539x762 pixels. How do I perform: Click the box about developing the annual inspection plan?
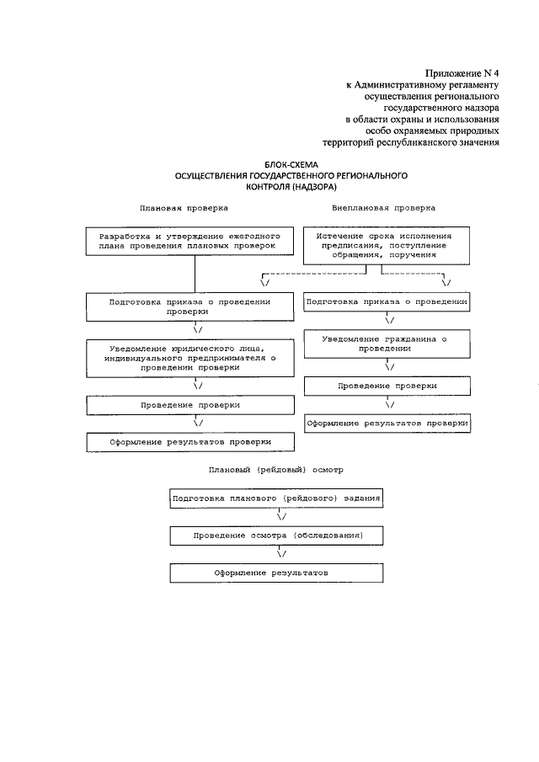[195, 241]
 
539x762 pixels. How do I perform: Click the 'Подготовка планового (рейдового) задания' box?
[277, 498]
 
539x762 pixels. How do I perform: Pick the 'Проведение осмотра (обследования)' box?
[277, 536]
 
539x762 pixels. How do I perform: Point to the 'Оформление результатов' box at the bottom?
[277, 573]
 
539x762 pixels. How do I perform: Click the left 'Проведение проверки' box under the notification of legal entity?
[195, 405]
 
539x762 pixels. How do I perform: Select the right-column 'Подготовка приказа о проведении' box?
[387, 301]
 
